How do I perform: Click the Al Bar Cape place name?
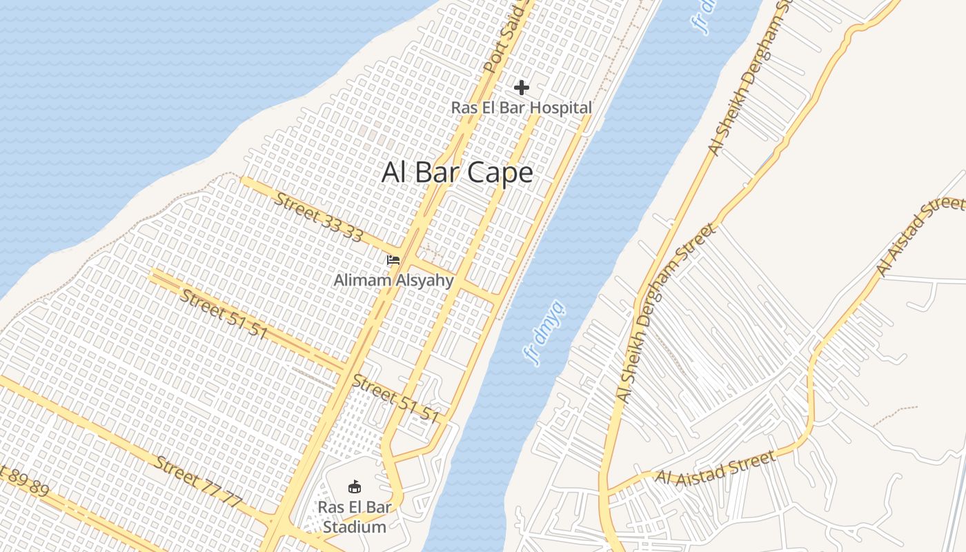[457, 172]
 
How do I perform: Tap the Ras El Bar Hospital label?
[522, 108]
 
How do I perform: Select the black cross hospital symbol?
[522, 88]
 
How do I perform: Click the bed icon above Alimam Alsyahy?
[393, 260]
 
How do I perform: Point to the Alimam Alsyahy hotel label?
[393, 280]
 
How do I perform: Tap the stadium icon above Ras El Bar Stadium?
[355, 487]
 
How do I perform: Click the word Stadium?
[355, 527]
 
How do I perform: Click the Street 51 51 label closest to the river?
[395, 398]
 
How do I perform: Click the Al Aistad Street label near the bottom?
[715, 468]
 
